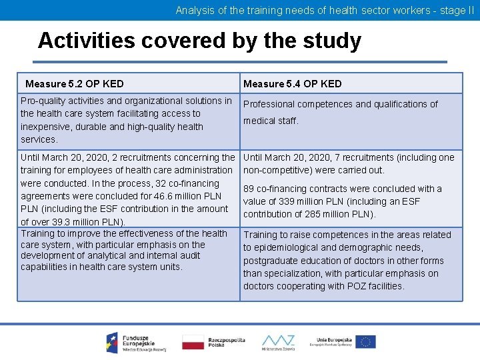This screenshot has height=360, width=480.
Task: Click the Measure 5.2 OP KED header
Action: pos(74,84)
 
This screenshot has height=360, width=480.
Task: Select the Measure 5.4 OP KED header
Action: pos(292,84)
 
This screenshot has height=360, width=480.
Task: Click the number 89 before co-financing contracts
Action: pos(249,189)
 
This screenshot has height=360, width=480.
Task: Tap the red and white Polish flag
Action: pos(193,342)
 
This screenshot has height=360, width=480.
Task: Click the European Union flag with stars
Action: pos(365,342)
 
